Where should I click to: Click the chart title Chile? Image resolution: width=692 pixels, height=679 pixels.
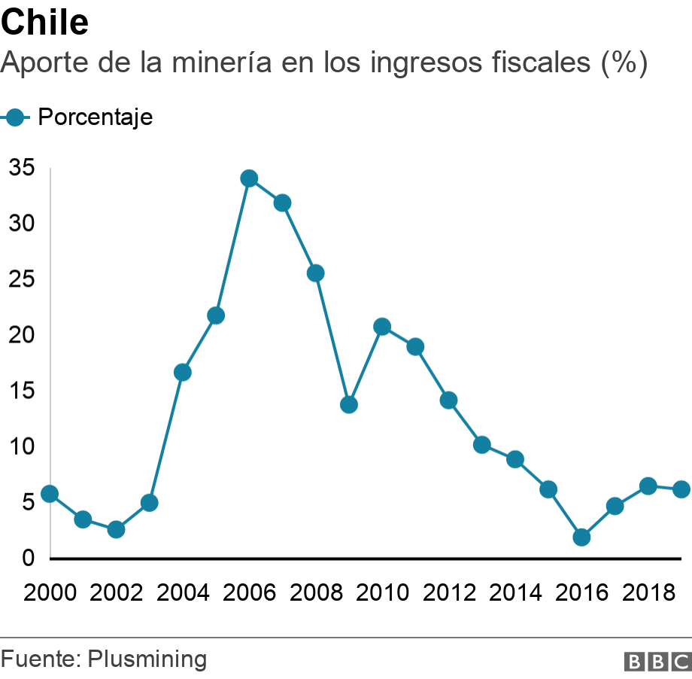tap(45, 23)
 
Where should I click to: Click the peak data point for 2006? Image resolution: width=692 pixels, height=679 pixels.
tap(249, 178)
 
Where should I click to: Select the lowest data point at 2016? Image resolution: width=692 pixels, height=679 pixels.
tap(581, 537)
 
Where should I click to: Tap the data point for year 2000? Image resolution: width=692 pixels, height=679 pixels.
tap(50, 494)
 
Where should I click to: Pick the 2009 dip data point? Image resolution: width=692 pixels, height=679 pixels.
tap(349, 405)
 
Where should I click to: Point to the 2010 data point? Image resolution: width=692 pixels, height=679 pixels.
tap(382, 327)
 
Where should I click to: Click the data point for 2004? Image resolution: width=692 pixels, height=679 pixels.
tap(183, 372)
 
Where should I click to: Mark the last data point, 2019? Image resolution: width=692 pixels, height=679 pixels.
tap(681, 489)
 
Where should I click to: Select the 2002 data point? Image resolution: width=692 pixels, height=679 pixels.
tap(116, 529)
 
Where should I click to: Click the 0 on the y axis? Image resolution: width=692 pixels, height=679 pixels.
tap(28, 558)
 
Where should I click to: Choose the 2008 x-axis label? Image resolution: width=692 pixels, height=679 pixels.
tap(315, 593)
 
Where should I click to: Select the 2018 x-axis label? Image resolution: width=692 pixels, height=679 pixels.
tap(648, 593)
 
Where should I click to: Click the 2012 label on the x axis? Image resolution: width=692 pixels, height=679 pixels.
tap(448, 593)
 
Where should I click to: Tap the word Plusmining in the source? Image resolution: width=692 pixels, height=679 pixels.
tap(147, 659)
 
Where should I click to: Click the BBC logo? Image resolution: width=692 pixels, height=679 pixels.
tap(657, 661)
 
